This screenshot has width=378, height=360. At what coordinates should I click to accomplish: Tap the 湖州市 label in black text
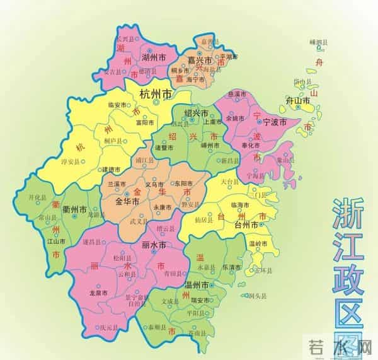tap(153, 56)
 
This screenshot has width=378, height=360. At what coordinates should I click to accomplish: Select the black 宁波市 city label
tap(274, 121)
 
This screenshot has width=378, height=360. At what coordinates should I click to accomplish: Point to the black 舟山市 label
tap(297, 101)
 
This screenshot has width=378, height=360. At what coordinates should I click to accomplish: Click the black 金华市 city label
tap(129, 203)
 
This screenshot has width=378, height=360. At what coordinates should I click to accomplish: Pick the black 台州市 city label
tap(246, 224)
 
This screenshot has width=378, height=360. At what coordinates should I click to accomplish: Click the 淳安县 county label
tap(69, 161)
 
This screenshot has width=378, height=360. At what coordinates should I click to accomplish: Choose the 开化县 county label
tap(38, 197)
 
